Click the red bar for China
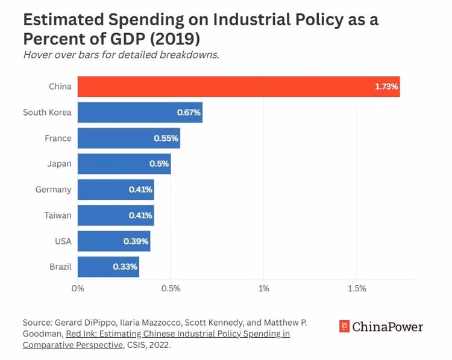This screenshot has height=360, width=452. [238, 87]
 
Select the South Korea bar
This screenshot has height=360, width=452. [140, 113]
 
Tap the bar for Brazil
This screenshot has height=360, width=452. [108, 267]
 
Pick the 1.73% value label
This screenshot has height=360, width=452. [386, 87]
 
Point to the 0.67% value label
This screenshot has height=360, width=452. [189, 113]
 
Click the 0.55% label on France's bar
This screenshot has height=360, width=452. [166, 138]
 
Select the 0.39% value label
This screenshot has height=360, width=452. [137, 241]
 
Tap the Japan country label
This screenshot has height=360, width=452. [59, 164]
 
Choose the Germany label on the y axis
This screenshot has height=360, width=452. [53, 190]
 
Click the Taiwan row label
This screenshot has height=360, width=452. [57, 216]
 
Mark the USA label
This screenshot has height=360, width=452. [63, 241]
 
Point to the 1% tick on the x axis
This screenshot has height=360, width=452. [263, 288]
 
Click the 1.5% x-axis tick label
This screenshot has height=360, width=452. [357, 288]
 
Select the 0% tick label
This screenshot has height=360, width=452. [78, 288]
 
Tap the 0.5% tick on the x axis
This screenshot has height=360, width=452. [171, 288]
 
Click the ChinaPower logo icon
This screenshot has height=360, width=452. [344, 327]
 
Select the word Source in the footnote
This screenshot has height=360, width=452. [37, 322]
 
